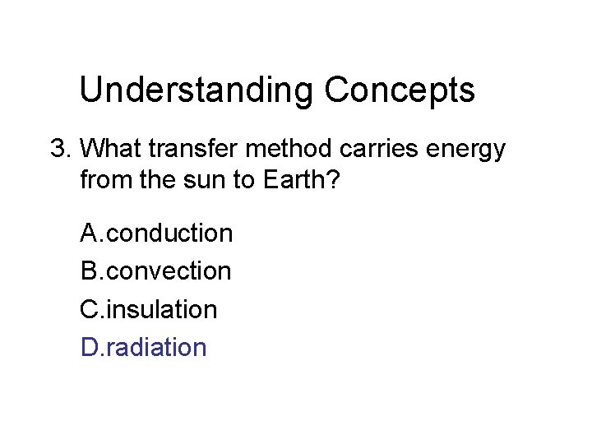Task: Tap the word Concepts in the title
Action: tap(400, 90)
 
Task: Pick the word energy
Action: tap(469, 150)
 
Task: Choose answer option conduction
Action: tap(170, 234)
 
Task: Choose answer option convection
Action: tap(169, 271)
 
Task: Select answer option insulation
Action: tap(162, 310)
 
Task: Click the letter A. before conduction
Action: tap(91, 234)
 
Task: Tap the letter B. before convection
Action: tap(91, 271)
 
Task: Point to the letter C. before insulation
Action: tap(92, 310)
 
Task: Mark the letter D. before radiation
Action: tap(92, 348)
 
